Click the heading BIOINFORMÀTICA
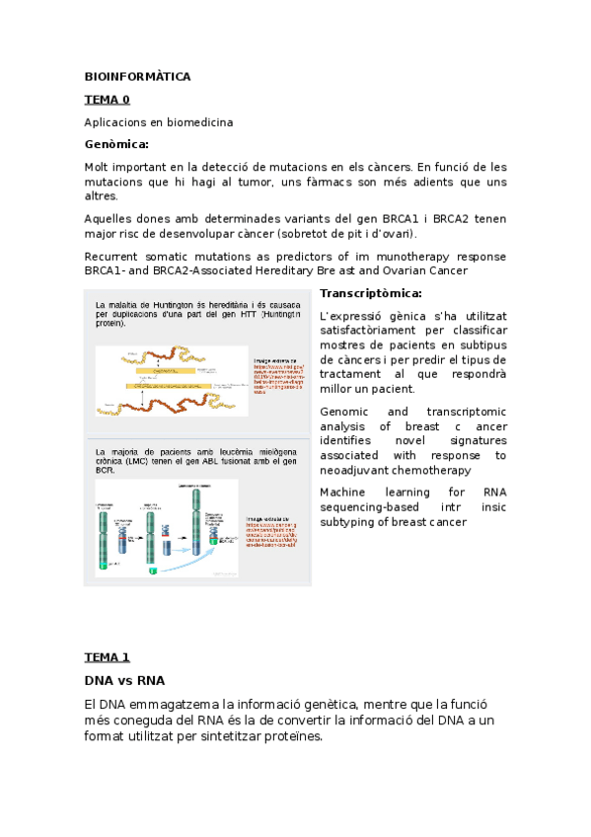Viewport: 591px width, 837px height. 137,76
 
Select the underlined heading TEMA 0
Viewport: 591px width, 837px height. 107,100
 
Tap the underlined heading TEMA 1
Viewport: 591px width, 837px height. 107,656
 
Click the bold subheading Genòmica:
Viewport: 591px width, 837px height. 123,144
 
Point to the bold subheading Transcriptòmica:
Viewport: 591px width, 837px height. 371,293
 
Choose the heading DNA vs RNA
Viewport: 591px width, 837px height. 124,680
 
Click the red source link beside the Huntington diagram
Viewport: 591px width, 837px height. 277,376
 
